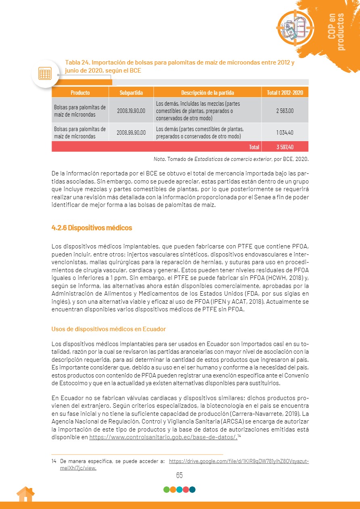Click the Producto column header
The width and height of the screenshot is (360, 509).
pos(80,93)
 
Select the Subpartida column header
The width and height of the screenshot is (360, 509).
pos(131,93)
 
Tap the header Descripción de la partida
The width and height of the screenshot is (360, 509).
pos(207,93)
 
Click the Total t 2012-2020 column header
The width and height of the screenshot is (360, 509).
pos(285,93)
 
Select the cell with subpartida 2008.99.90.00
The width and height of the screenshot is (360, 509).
pos(131,132)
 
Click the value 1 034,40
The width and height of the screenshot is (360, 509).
pos(285,132)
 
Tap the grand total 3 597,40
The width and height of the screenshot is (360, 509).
pos(285,147)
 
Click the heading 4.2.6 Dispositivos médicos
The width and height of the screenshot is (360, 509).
pos(92,228)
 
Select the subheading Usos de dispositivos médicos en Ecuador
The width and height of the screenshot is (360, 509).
pos(109,329)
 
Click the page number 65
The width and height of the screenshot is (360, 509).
pos(180,475)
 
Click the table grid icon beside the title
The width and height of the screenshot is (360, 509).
pos(44,73)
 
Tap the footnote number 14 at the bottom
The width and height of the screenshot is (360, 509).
pos(54,461)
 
